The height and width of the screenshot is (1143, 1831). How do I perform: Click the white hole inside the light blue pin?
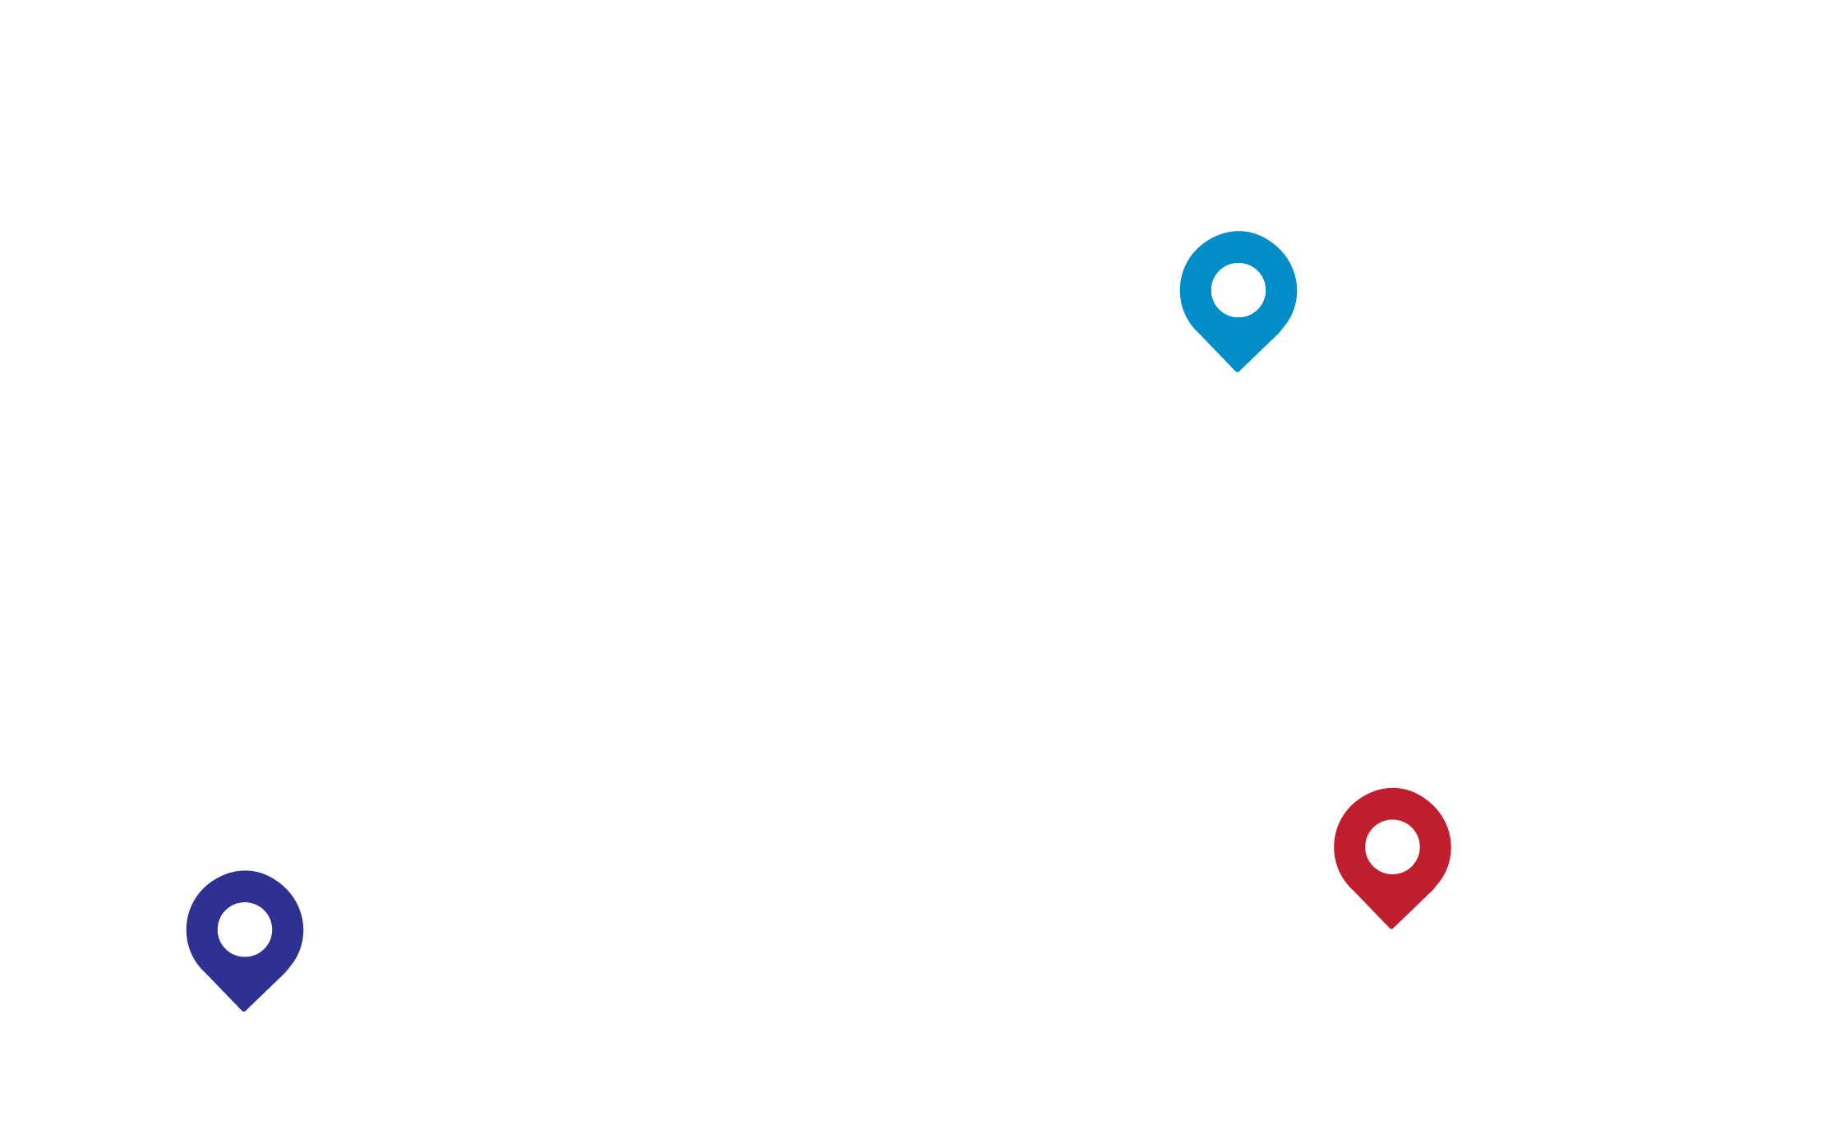[1238, 289]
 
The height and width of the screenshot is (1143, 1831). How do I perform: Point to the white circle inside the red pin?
[1392, 846]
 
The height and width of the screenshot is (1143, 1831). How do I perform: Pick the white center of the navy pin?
[244, 929]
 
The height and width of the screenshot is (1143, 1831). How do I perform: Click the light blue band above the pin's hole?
[1238, 247]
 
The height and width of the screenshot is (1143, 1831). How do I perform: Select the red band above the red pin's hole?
[1392, 804]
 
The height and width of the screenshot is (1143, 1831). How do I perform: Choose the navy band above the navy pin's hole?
[244, 886]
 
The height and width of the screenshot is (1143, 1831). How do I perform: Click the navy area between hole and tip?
[244, 979]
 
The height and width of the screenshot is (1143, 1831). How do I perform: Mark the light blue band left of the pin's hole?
[1196, 290]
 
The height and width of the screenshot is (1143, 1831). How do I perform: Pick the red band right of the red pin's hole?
[1435, 846]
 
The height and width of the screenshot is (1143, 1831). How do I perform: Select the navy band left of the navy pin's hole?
[202, 929]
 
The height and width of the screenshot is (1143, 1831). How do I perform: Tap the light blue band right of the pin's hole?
[1280, 290]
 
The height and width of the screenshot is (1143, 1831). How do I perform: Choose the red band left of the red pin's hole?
[1349, 846]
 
